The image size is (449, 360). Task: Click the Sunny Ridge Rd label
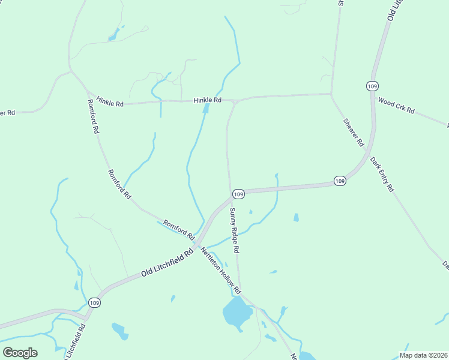pyautogui.click(x=235, y=230)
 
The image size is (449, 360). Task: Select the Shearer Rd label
pyautogui.click(x=354, y=133)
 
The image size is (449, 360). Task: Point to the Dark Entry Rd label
pyautogui.click(x=382, y=174)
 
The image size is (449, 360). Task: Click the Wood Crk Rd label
pyautogui.click(x=396, y=106)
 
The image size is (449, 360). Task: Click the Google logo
pyautogui.click(x=20, y=352)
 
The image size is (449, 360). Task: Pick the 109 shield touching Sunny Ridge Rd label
pyautogui.click(x=238, y=194)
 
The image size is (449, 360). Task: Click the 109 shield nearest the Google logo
pyautogui.click(x=94, y=303)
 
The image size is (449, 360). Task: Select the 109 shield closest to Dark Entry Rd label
pyautogui.click(x=340, y=181)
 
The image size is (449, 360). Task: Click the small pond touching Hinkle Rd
pyautogui.click(x=206, y=109)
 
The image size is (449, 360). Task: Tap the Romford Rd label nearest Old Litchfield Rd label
pyautogui.click(x=179, y=228)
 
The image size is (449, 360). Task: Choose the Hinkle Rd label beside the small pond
pyautogui.click(x=208, y=100)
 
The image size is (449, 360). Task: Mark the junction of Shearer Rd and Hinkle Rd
pyautogui.click(x=331, y=94)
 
